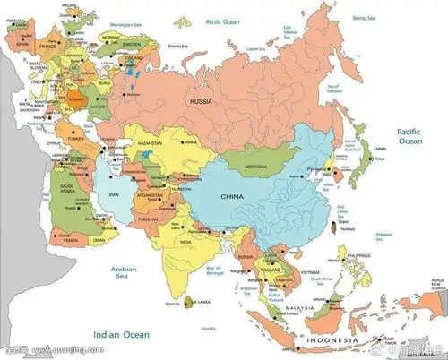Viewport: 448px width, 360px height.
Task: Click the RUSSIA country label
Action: pos(201,102)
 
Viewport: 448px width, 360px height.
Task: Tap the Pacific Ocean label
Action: pos(409,135)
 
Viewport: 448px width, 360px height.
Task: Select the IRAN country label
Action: pos(114,193)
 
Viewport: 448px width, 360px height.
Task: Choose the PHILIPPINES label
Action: pos(358,260)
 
